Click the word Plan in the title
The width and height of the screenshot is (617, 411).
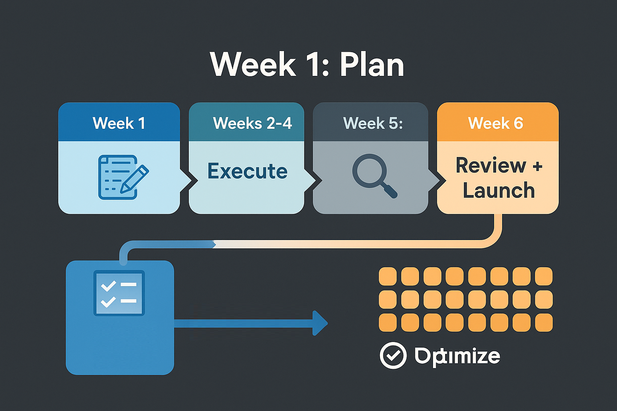[x=372, y=65]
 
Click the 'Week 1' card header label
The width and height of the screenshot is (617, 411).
[x=119, y=123]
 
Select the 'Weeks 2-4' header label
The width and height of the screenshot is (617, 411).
[x=252, y=123]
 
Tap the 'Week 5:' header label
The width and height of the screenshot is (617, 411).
[x=373, y=123]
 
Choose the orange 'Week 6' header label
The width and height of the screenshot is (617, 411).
[x=496, y=123]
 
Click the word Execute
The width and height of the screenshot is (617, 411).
[x=247, y=171]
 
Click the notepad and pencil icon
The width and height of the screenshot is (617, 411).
[x=123, y=177]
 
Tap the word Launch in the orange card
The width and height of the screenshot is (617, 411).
[x=499, y=190]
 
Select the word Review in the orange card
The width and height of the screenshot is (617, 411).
[x=491, y=165]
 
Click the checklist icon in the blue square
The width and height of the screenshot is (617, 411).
[x=119, y=293]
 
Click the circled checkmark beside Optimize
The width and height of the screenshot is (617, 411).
[x=393, y=355]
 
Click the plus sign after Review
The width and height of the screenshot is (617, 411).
[x=537, y=166]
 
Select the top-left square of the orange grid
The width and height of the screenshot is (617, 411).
[x=388, y=276]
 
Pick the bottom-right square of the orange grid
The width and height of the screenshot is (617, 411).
[x=544, y=322]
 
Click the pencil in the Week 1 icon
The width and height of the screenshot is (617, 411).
[x=135, y=179]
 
